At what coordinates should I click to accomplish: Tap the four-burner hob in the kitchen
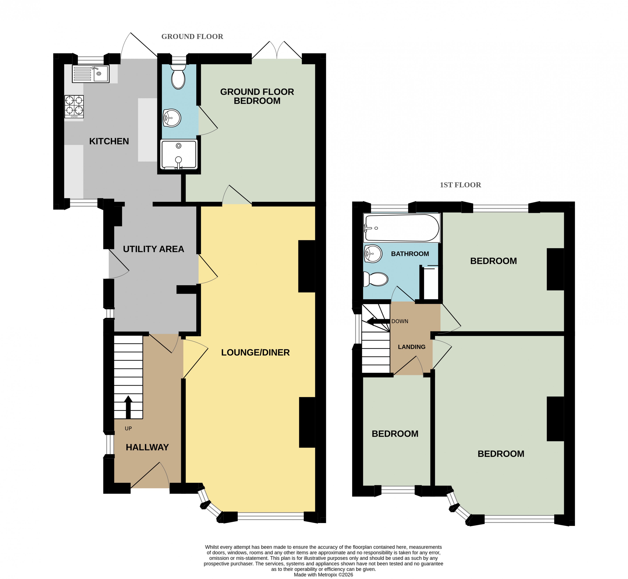pos(74,107)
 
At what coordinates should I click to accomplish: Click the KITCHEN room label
pos(109,141)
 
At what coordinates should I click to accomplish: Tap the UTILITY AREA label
pos(154,249)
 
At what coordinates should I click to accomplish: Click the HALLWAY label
pos(147,447)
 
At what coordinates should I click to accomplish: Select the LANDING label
pos(412,347)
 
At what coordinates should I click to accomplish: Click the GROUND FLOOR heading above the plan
pos(192,37)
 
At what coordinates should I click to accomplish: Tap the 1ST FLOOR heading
pos(460,185)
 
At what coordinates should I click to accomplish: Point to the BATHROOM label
pos(410,254)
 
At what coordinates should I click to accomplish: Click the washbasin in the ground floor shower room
pos(172,118)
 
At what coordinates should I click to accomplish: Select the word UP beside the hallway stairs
pos(128,429)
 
